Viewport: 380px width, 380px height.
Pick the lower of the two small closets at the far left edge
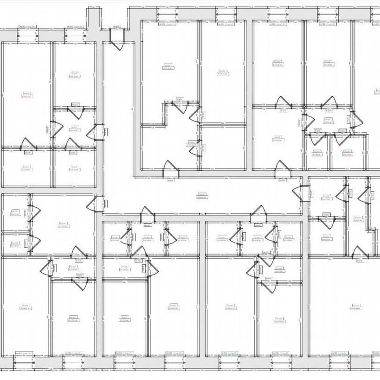click(15, 244)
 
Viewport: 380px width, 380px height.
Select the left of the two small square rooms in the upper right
click(316, 152)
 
